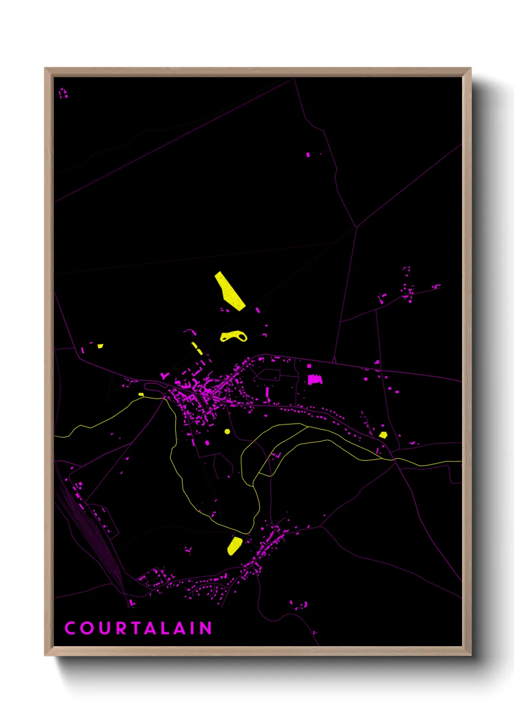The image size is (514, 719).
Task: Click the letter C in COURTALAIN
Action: (70, 628)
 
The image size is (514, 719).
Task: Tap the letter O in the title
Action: (87, 628)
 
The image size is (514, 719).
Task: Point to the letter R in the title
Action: (121, 628)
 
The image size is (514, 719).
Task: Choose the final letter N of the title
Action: (206, 628)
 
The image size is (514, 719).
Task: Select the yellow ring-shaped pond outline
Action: (234, 337)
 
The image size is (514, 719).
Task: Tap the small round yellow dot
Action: (227, 431)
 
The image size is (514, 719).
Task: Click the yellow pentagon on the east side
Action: (383, 435)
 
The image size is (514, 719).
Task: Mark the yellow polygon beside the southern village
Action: (235, 546)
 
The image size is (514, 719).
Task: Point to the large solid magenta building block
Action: (314, 379)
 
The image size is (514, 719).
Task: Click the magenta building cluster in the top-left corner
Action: (63, 93)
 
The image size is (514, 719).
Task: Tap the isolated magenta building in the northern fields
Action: (308, 155)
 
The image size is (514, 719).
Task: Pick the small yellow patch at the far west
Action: (101, 346)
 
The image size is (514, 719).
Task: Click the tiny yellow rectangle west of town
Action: (141, 394)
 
